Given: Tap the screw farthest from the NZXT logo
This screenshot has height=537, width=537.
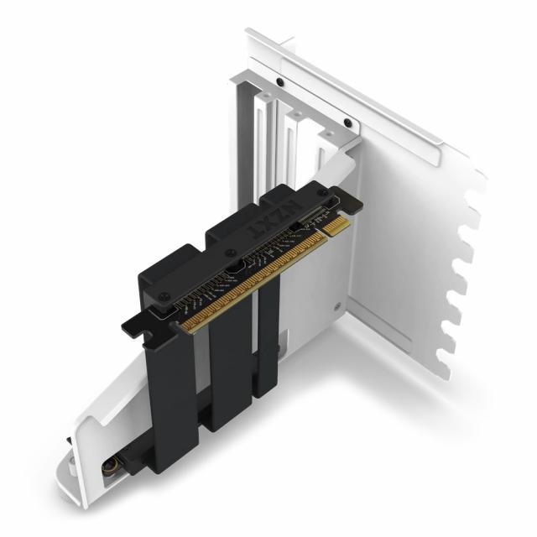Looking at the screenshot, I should (165, 296).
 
